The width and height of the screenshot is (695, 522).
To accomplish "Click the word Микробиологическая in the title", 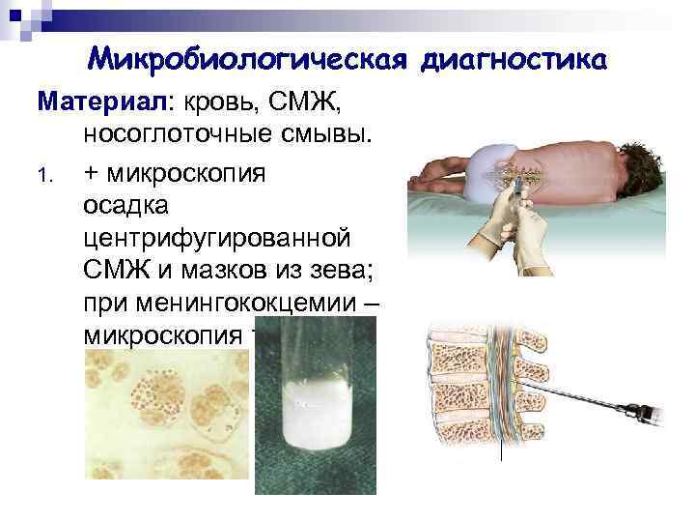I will click(x=250, y=60).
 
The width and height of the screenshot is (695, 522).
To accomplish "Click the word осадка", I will click(x=125, y=204).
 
